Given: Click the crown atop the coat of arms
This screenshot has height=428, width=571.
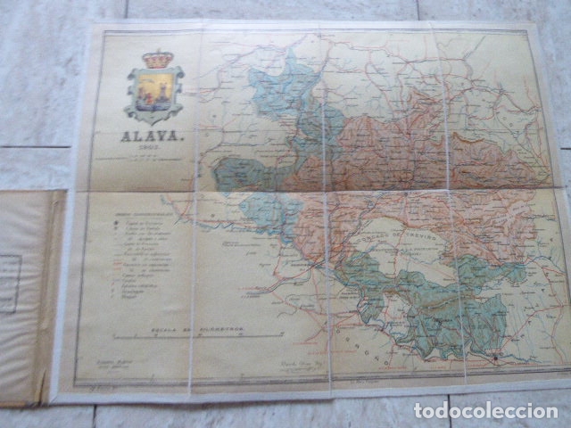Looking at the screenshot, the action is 158,59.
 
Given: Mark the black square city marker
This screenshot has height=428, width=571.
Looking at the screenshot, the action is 495,358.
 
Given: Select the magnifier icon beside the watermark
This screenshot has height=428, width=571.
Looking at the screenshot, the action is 421,411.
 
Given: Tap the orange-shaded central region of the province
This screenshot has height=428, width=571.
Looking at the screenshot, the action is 393,152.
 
